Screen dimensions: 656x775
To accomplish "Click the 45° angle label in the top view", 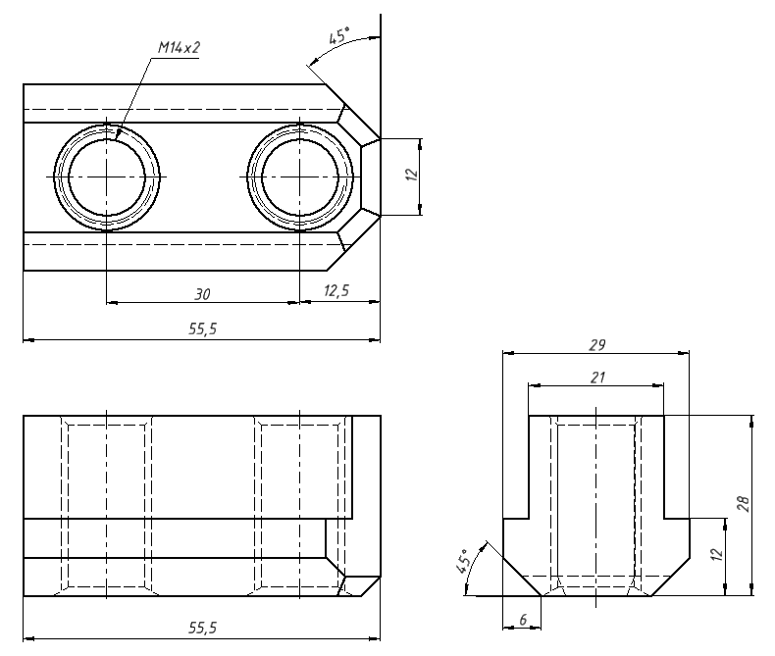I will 338,37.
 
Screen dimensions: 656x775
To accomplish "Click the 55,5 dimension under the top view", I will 203,330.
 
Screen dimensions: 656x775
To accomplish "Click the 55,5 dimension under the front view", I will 203,627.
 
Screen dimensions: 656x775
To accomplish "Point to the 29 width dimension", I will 596,345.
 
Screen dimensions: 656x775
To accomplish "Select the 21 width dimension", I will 596,378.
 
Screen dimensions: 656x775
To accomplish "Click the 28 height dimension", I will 744,504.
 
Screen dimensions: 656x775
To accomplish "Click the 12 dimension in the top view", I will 412,176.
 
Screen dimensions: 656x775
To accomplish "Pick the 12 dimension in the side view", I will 716,555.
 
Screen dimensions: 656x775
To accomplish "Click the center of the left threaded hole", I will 106,177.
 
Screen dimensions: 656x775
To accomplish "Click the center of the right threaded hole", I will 299,177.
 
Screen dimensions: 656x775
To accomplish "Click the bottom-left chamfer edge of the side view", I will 521,576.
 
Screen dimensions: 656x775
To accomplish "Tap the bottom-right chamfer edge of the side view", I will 671,576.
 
